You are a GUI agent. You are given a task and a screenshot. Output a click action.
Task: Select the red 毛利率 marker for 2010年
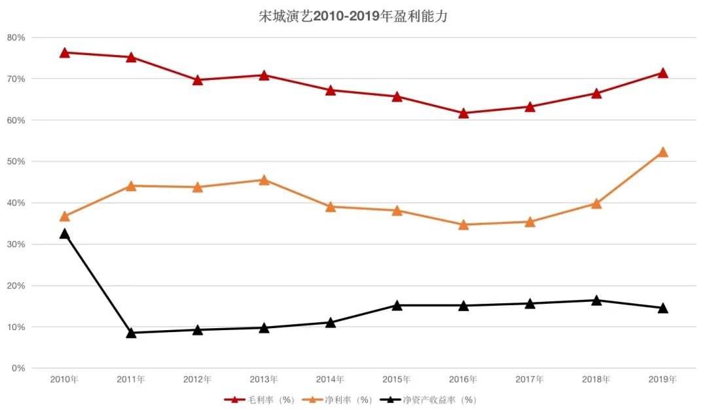click(65, 52)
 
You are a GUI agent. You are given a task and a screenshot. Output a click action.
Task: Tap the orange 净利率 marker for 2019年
click(662, 152)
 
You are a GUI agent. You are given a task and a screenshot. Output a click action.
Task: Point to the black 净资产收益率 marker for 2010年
click(65, 234)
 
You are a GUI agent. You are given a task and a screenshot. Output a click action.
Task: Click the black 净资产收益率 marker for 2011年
click(131, 333)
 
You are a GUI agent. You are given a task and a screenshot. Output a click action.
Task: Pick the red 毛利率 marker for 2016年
click(463, 113)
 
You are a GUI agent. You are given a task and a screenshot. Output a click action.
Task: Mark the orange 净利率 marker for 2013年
click(264, 180)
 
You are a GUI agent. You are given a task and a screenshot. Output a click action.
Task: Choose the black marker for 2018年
click(596, 301)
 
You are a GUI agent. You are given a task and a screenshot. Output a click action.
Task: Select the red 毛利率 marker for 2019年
click(662, 73)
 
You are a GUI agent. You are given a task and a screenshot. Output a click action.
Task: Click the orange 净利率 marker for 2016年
click(463, 225)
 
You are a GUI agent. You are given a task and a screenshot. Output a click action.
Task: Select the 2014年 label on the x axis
click(330, 379)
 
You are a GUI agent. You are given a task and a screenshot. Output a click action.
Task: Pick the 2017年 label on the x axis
click(530, 379)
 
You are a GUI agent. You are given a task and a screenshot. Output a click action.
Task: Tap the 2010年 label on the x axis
click(65, 379)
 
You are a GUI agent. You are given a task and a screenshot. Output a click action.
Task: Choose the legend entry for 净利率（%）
click(340, 400)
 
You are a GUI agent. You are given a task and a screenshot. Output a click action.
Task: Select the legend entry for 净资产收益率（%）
click(432, 400)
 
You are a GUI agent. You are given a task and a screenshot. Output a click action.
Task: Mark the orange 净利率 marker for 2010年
click(65, 216)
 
